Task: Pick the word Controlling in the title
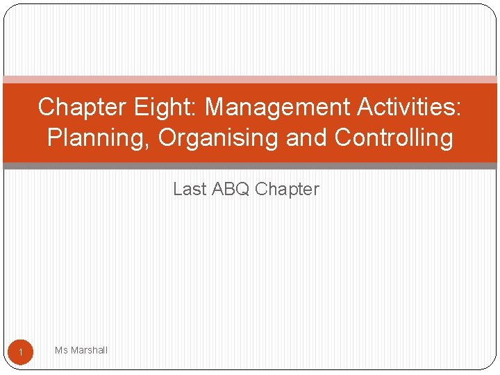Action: [x=394, y=137]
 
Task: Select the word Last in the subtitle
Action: [x=188, y=189]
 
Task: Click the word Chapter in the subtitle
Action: [x=287, y=189]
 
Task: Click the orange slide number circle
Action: [x=21, y=353]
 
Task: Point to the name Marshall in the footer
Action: [x=89, y=350]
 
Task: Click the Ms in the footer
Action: [x=61, y=350]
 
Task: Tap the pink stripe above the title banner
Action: [x=250, y=79]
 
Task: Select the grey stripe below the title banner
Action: [x=250, y=166]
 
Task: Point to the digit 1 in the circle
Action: [x=21, y=354]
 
